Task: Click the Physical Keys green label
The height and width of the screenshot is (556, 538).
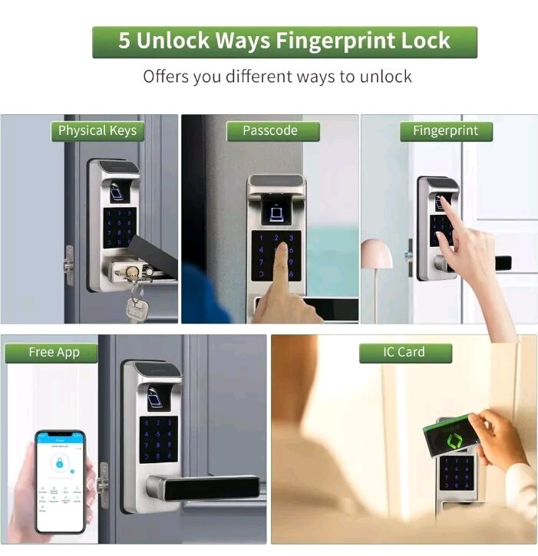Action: [x=97, y=130]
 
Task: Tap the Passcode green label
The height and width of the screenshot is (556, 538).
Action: [x=269, y=130]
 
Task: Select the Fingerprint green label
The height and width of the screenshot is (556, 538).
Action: [x=445, y=130]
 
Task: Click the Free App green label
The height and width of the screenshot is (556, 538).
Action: [x=52, y=352]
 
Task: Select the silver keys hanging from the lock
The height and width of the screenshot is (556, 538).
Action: [x=137, y=303]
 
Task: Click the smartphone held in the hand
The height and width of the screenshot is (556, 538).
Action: [x=60, y=481]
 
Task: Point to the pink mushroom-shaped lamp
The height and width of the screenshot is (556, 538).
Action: [x=376, y=255]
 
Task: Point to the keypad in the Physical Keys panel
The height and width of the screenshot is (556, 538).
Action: [x=120, y=228]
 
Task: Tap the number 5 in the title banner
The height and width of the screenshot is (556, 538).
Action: [x=124, y=41]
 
